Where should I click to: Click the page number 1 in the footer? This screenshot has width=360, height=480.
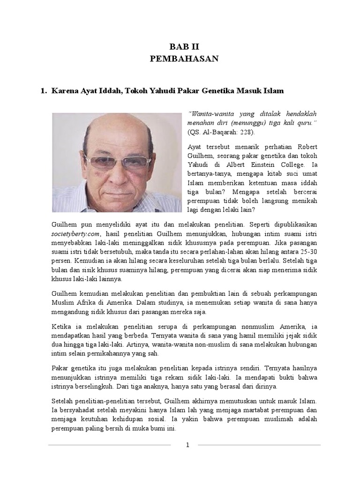point(187,445)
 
